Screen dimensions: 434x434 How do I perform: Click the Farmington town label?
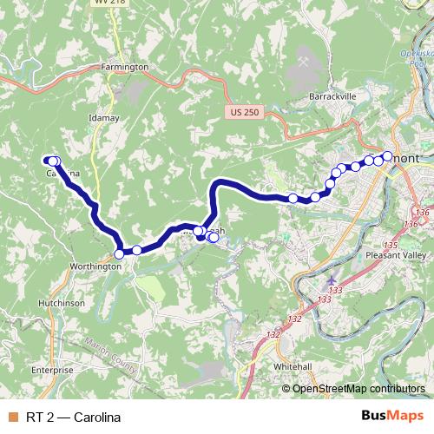[x=125, y=67]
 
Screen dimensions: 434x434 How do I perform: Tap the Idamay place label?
[x=104, y=117]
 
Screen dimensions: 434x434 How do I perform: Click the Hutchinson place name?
[x=61, y=303]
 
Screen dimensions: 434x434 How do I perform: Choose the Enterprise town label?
[x=52, y=370]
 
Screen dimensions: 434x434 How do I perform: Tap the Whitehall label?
[x=293, y=366]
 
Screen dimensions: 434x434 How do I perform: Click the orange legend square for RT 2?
[x=12, y=418]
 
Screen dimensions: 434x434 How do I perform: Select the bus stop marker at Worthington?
[x=119, y=254]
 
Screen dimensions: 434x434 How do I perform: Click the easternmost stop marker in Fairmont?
[x=388, y=156]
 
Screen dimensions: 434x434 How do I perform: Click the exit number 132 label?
[x=273, y=334]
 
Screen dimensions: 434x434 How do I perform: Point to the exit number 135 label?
[x=391, y=246]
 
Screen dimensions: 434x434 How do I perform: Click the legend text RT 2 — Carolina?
[x=73, y=418]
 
